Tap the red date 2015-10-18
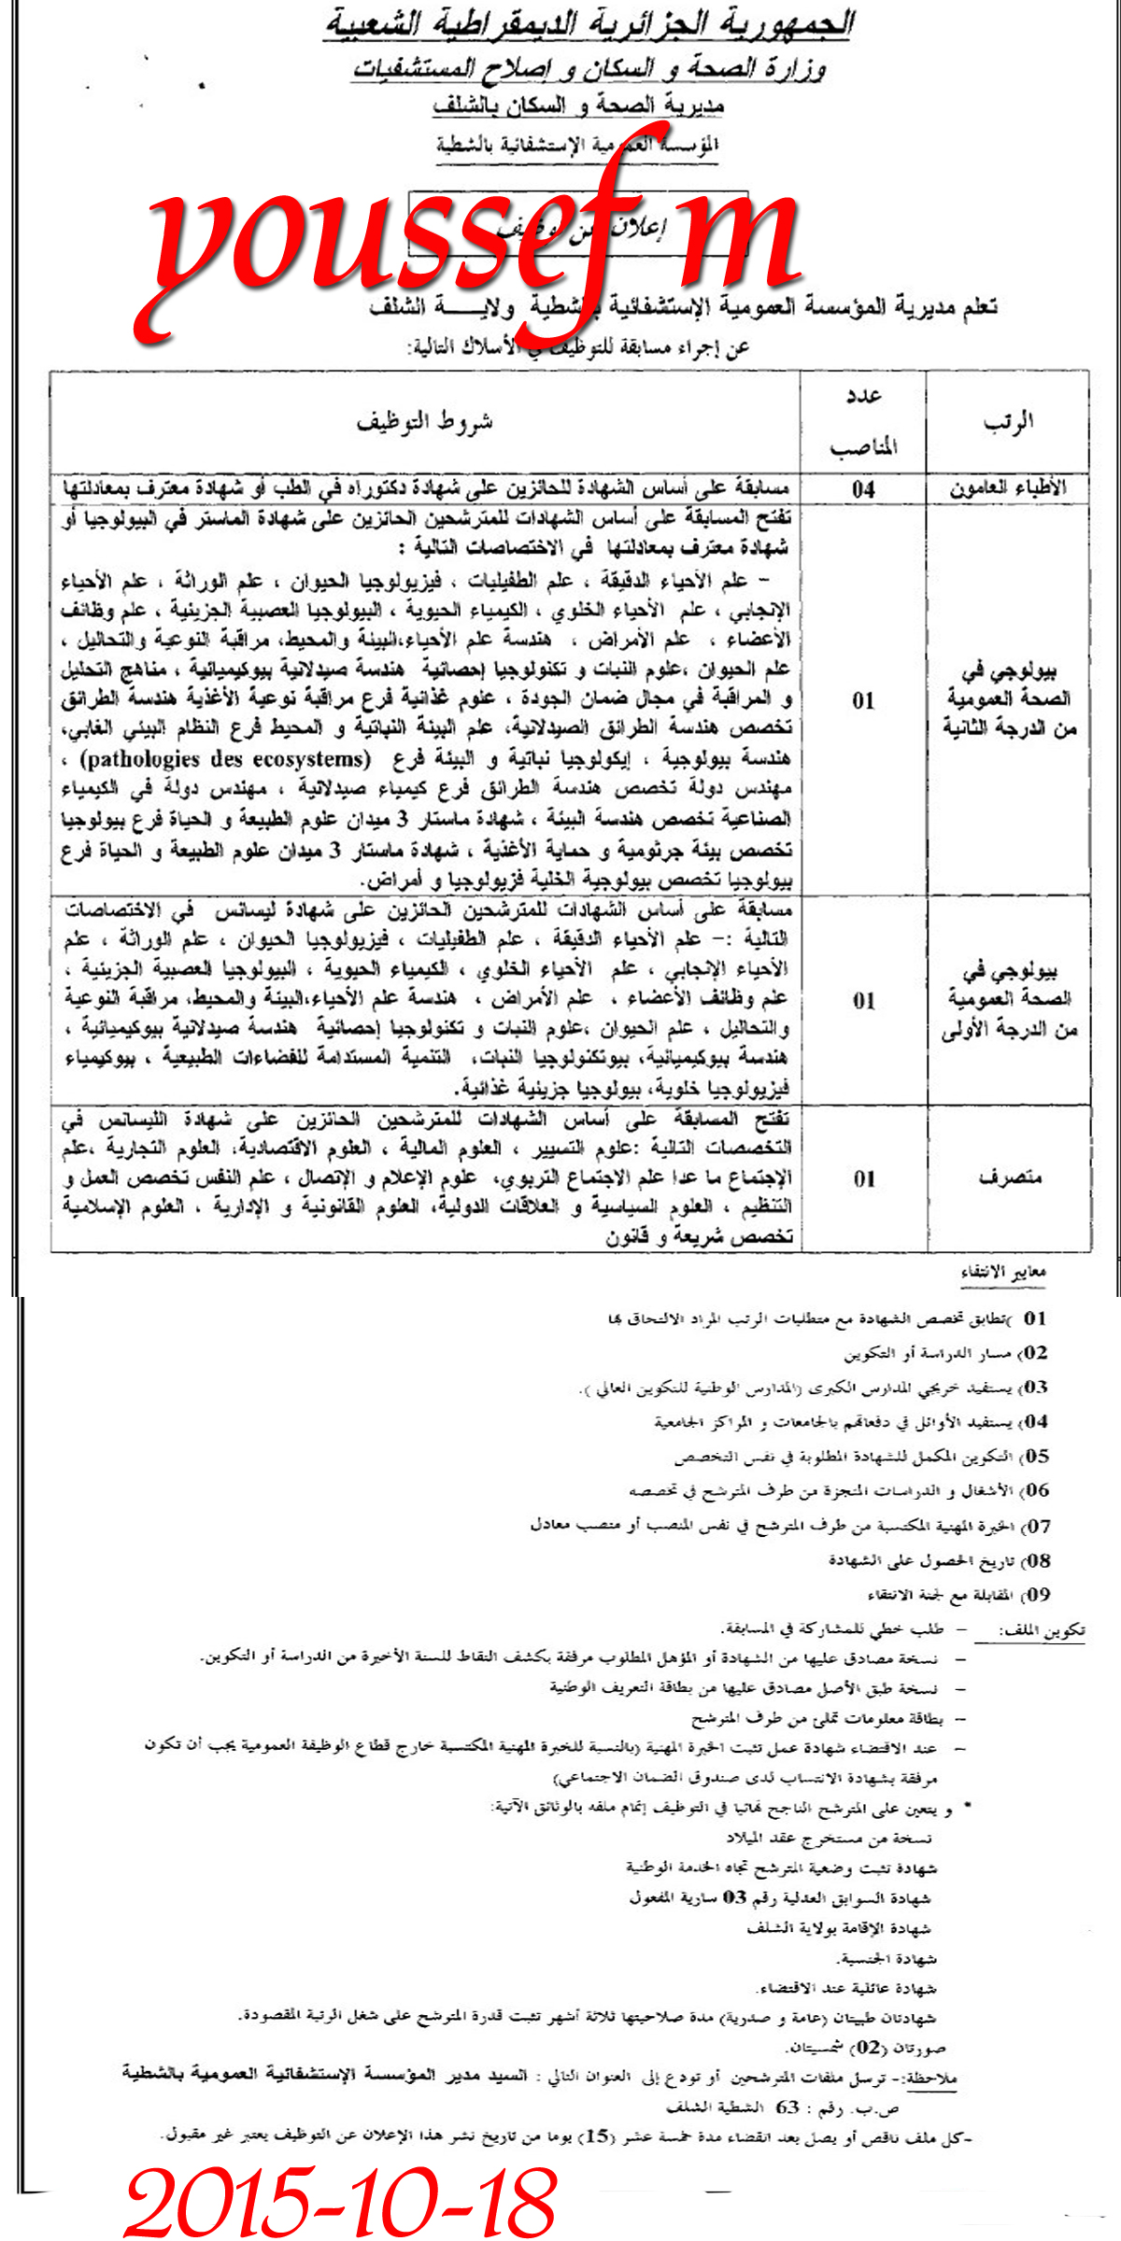pos(341,2202)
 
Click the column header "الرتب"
pos(1008,422)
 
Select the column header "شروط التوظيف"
pos(425,422)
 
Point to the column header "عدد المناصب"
pos(863,422)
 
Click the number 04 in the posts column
pos(863,488)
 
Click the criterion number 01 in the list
pos(1035,1318)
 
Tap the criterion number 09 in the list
pos(1037,1595)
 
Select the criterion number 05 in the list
pos(1035,1457)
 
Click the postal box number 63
pos(788,2107)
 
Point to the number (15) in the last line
pos(596,2136)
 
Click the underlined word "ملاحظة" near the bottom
pos(931,2078)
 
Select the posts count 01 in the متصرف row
pos(864,1178)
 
